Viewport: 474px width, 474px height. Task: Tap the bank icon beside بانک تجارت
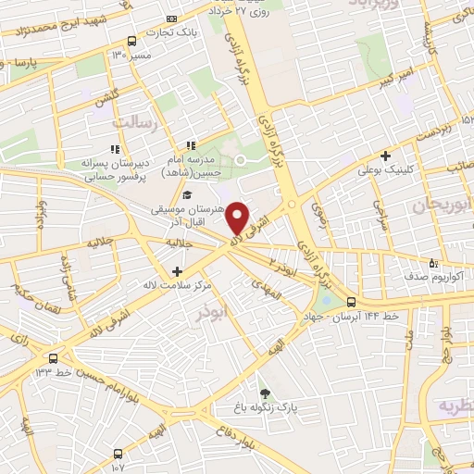(x=170, y=19)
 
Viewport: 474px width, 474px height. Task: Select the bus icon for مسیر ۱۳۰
(x=131, y=42)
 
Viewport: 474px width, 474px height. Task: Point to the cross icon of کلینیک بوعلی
(x=385, y=155)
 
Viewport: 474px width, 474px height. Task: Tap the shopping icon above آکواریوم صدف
(x=430, y=263)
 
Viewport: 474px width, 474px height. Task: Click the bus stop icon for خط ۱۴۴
(x=350, y=302)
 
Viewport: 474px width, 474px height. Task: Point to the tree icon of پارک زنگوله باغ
(x=266, y=392)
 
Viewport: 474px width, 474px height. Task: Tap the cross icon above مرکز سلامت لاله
(x=177, y=270)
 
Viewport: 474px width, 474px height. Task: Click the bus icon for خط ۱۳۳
(x=53, y=358)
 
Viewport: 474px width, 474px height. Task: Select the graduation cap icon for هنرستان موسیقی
(x=188, y=195)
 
